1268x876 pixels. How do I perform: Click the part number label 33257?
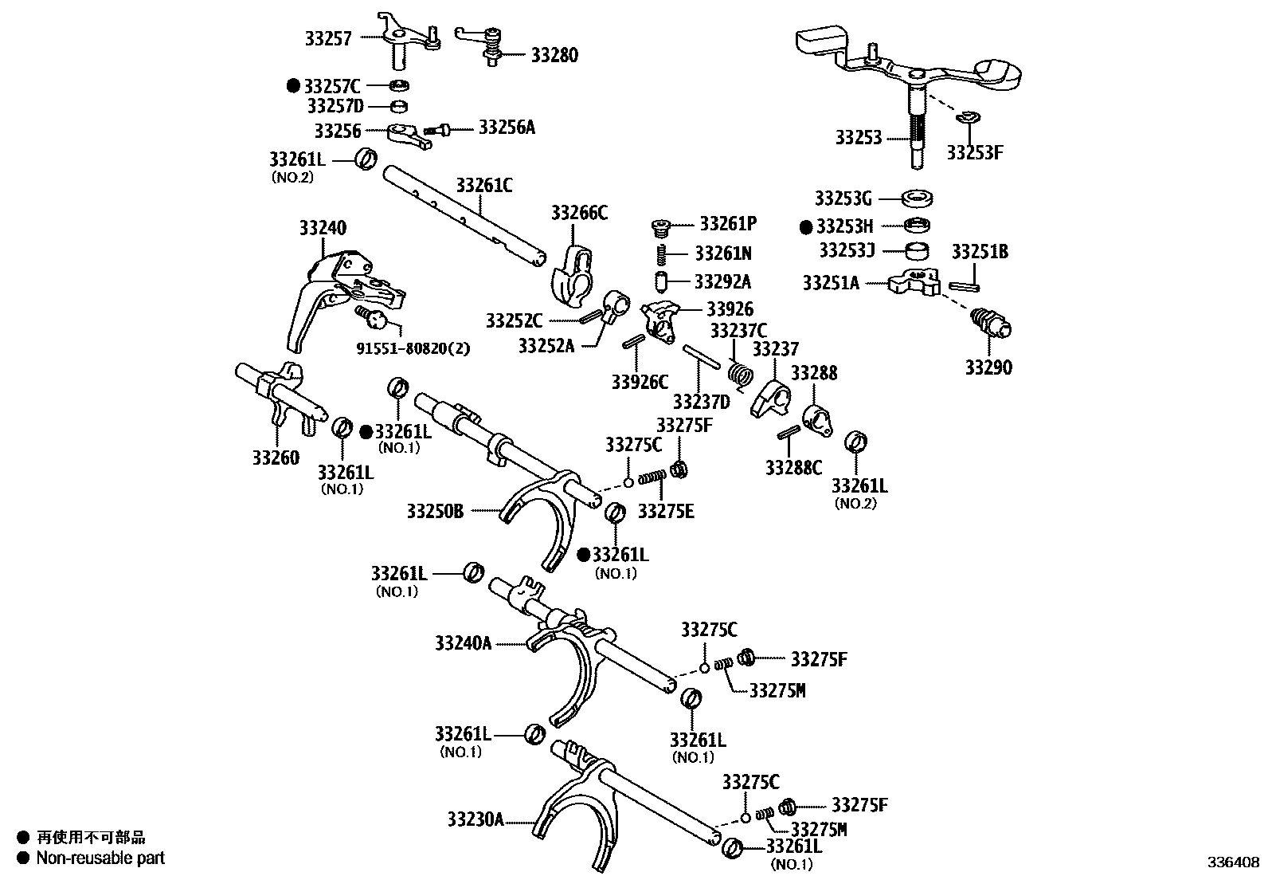[327, 37]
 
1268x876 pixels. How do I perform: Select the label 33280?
[554, 55]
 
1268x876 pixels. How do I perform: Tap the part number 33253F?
[974, 152]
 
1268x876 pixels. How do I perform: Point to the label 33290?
[988, 367]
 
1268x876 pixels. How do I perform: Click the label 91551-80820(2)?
[412, 348]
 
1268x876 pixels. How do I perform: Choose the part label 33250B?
[434, 511]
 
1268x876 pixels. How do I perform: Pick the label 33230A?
[475, 819]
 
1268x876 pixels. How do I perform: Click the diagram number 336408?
[1233, 862]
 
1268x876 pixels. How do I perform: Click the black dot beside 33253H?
[807, 226]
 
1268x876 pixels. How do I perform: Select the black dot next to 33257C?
[294, 84]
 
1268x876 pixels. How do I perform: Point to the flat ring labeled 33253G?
[918, 198]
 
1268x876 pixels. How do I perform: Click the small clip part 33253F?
[965, 119]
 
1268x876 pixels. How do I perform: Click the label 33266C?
[579, 212]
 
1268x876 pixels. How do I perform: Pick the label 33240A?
[463, 642]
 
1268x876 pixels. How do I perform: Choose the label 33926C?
[640, 382]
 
